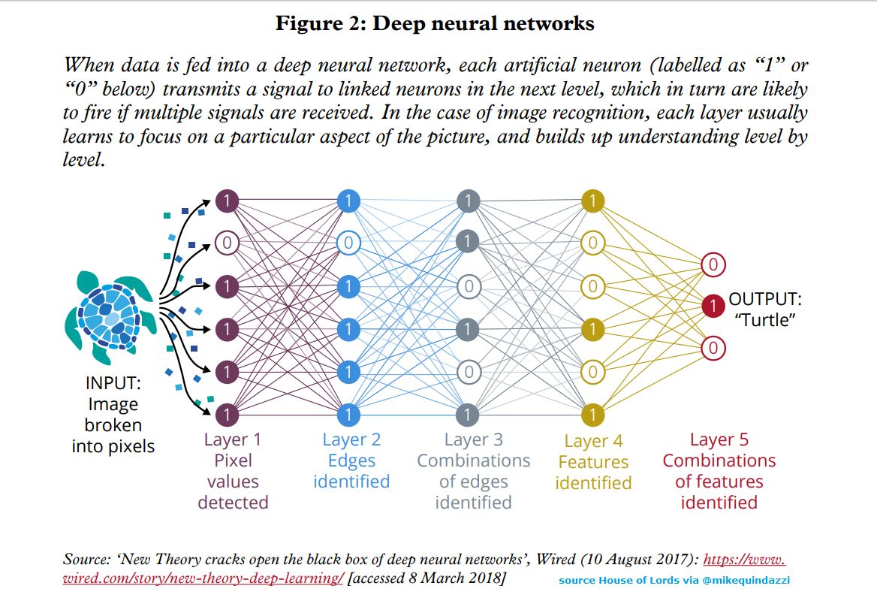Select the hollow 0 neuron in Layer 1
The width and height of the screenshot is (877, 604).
pos(227,243)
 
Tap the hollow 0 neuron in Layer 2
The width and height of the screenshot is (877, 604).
pos(348,243)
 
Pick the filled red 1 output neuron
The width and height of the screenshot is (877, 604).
pos(713,307)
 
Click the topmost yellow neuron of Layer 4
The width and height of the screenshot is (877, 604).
pos(592,201)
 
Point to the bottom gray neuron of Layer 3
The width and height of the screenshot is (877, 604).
pos(468,414)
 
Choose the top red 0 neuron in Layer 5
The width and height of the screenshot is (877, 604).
pos(713,264)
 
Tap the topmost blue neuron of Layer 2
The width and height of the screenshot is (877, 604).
pos(348,201)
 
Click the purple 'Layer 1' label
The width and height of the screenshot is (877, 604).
pos(232,439)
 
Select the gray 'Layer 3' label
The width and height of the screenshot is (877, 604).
pos(473,439)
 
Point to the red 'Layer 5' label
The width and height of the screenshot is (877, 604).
pos(719,439)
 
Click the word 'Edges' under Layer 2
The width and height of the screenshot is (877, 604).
pos(351,461)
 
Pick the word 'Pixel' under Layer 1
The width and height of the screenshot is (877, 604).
pos(233,461)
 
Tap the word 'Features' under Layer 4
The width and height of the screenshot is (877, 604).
pos(593,462)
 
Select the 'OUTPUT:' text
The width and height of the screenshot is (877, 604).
pos(765,300)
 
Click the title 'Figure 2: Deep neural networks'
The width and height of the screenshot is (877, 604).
pos(435,23)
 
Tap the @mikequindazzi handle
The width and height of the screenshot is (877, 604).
pos(743,580)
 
